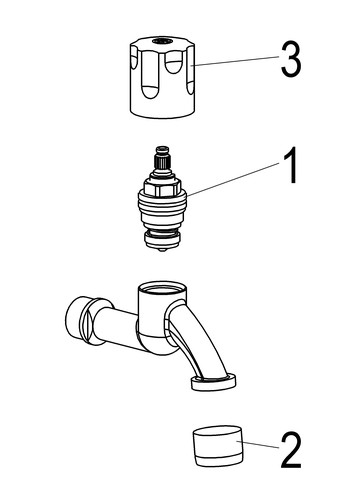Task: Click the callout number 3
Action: (x=291, y=60)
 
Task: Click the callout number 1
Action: (x=290, y=165)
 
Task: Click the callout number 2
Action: (x=291, y=450)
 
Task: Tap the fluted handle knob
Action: (x=162, y=77)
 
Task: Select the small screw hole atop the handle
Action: (x=162, y=41)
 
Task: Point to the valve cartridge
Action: (x=162, y=199)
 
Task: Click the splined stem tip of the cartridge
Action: (x=162, y=158)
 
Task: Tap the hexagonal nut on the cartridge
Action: (x=162, y=187)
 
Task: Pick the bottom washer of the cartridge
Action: (x=162, y=239)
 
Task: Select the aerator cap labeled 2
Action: (x=218, y=445)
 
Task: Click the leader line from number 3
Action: (x=237, y=61)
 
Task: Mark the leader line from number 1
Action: (x=234, y=179)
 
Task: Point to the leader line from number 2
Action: (x=258, y=445)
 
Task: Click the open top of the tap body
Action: (x=162, y=288)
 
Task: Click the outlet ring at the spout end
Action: (x=214, y=382)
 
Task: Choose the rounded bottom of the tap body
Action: (x=157, y=345)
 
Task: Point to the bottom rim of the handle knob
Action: (x=162, y=113)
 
